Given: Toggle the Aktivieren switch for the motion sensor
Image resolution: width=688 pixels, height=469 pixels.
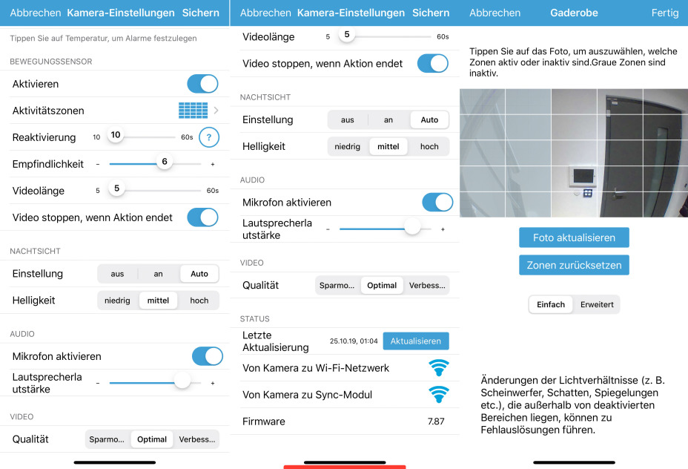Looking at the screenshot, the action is tap(202, 84).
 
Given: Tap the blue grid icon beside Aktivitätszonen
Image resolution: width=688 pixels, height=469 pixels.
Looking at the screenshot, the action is tap(193, 111).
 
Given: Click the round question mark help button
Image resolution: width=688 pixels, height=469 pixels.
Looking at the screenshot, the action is tap(209, 137).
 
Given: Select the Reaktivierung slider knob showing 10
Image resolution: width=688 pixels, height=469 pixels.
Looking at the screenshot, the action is tap(116, 135).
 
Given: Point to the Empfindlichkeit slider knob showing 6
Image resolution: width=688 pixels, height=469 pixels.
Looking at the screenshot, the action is tap(165, 162).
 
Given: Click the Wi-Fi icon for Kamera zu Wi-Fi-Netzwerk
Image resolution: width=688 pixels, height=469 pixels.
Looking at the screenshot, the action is tap(439, 367).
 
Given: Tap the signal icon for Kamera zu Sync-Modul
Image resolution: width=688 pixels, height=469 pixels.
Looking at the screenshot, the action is tap(439, 394).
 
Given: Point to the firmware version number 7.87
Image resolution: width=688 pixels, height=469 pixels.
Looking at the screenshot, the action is tap(436, 422).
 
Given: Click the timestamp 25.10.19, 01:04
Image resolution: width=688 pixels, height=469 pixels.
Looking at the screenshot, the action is tap(354, 341).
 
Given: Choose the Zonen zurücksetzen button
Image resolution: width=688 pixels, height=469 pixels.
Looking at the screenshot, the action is tap(574, 265).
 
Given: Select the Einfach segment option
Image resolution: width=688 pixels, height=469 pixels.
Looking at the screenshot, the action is tap(551, 304).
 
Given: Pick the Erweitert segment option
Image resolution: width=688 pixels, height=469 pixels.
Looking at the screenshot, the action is tap(597, 304).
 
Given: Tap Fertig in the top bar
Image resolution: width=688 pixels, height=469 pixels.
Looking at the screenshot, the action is tap(665, 13).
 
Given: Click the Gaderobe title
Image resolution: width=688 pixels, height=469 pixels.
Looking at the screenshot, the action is tap(574, 13).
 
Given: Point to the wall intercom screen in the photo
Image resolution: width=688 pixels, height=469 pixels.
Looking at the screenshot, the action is tap(583, 177).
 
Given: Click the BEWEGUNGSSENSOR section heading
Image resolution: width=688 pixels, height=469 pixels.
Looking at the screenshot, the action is tap(51, 62).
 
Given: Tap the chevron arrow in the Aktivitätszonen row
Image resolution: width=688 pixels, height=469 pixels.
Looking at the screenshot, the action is tap(216, 111).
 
